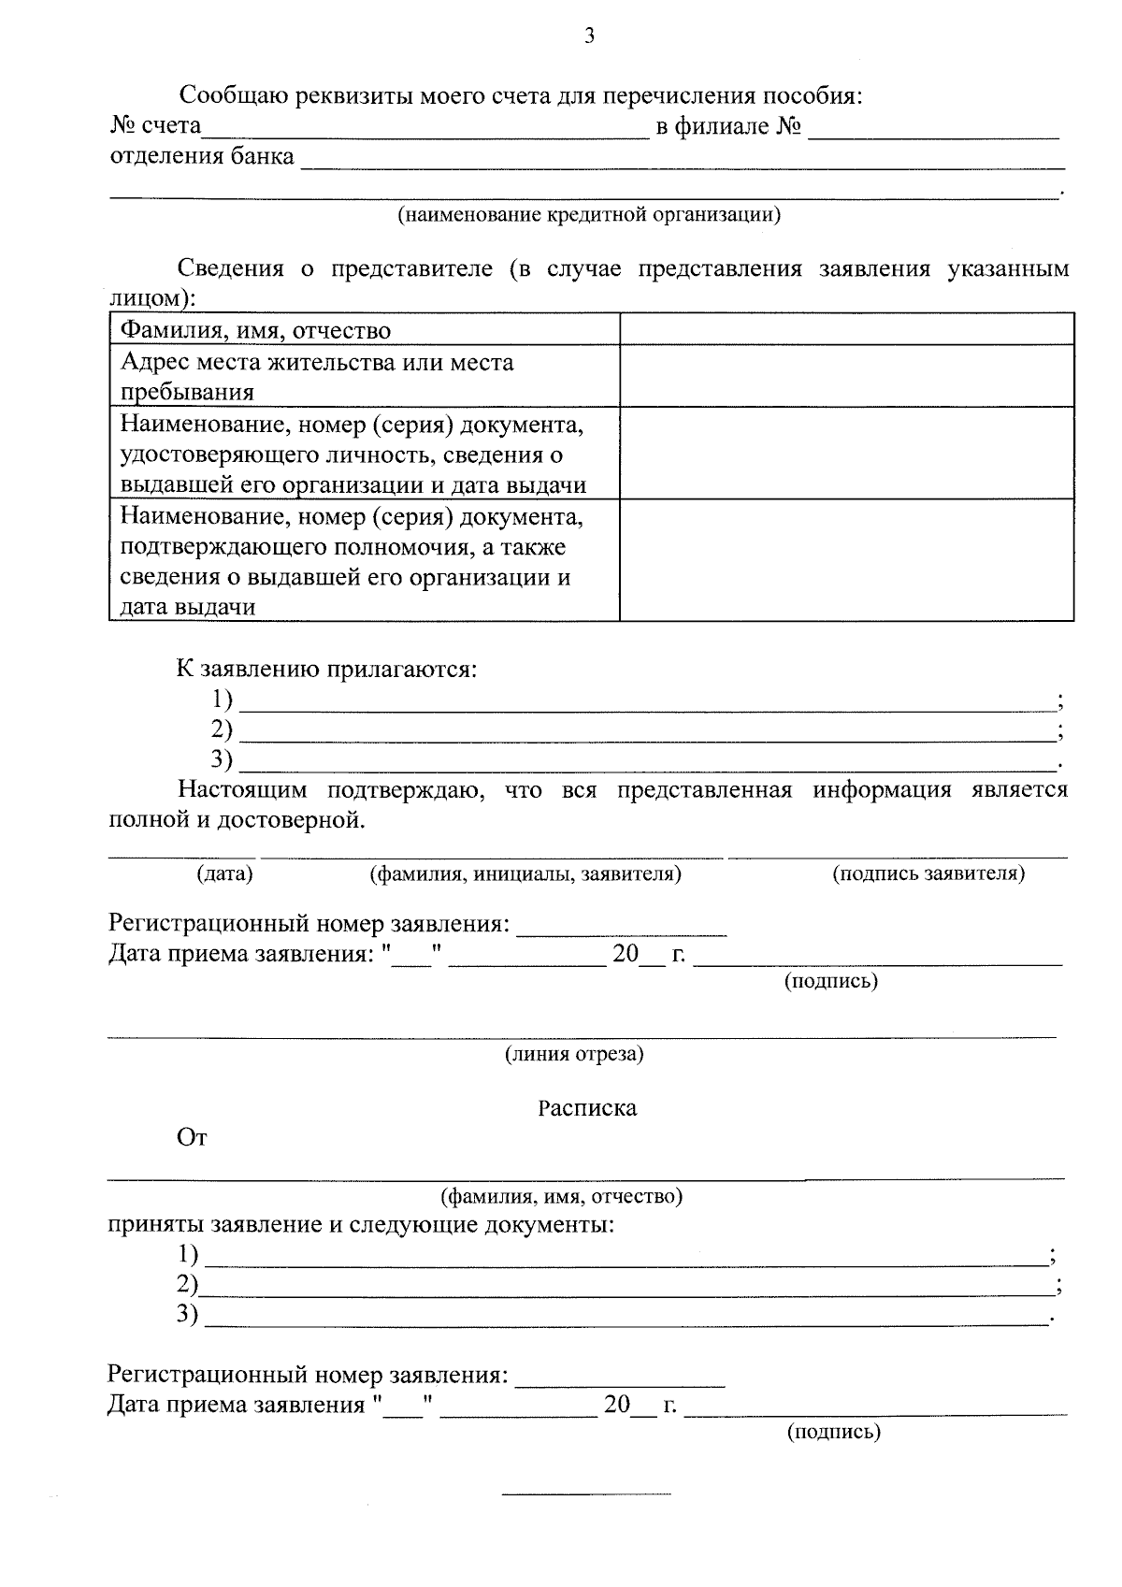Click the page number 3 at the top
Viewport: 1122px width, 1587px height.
click(588, 36)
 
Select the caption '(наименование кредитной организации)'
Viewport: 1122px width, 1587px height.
click(589, 215)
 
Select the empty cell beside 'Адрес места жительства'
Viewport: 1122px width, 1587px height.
click(846, 376)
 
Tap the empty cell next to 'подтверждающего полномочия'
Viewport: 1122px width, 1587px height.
click(846, 560)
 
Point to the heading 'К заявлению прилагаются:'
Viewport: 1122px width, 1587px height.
click(327, 670)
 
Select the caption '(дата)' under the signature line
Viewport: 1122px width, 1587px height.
click(224, 873)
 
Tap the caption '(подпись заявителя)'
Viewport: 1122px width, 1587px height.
click(928, 873)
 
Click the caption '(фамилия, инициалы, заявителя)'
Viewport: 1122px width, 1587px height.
click(525, 873)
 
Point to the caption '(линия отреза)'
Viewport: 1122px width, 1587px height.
click(574, 1054)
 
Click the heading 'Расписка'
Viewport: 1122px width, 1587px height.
click(587, 1108)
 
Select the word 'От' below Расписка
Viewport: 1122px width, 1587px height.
click(192, 1137)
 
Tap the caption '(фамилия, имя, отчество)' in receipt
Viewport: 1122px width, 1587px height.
click(561, 1196)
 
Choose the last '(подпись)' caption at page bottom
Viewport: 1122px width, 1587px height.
click(834, 1432)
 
